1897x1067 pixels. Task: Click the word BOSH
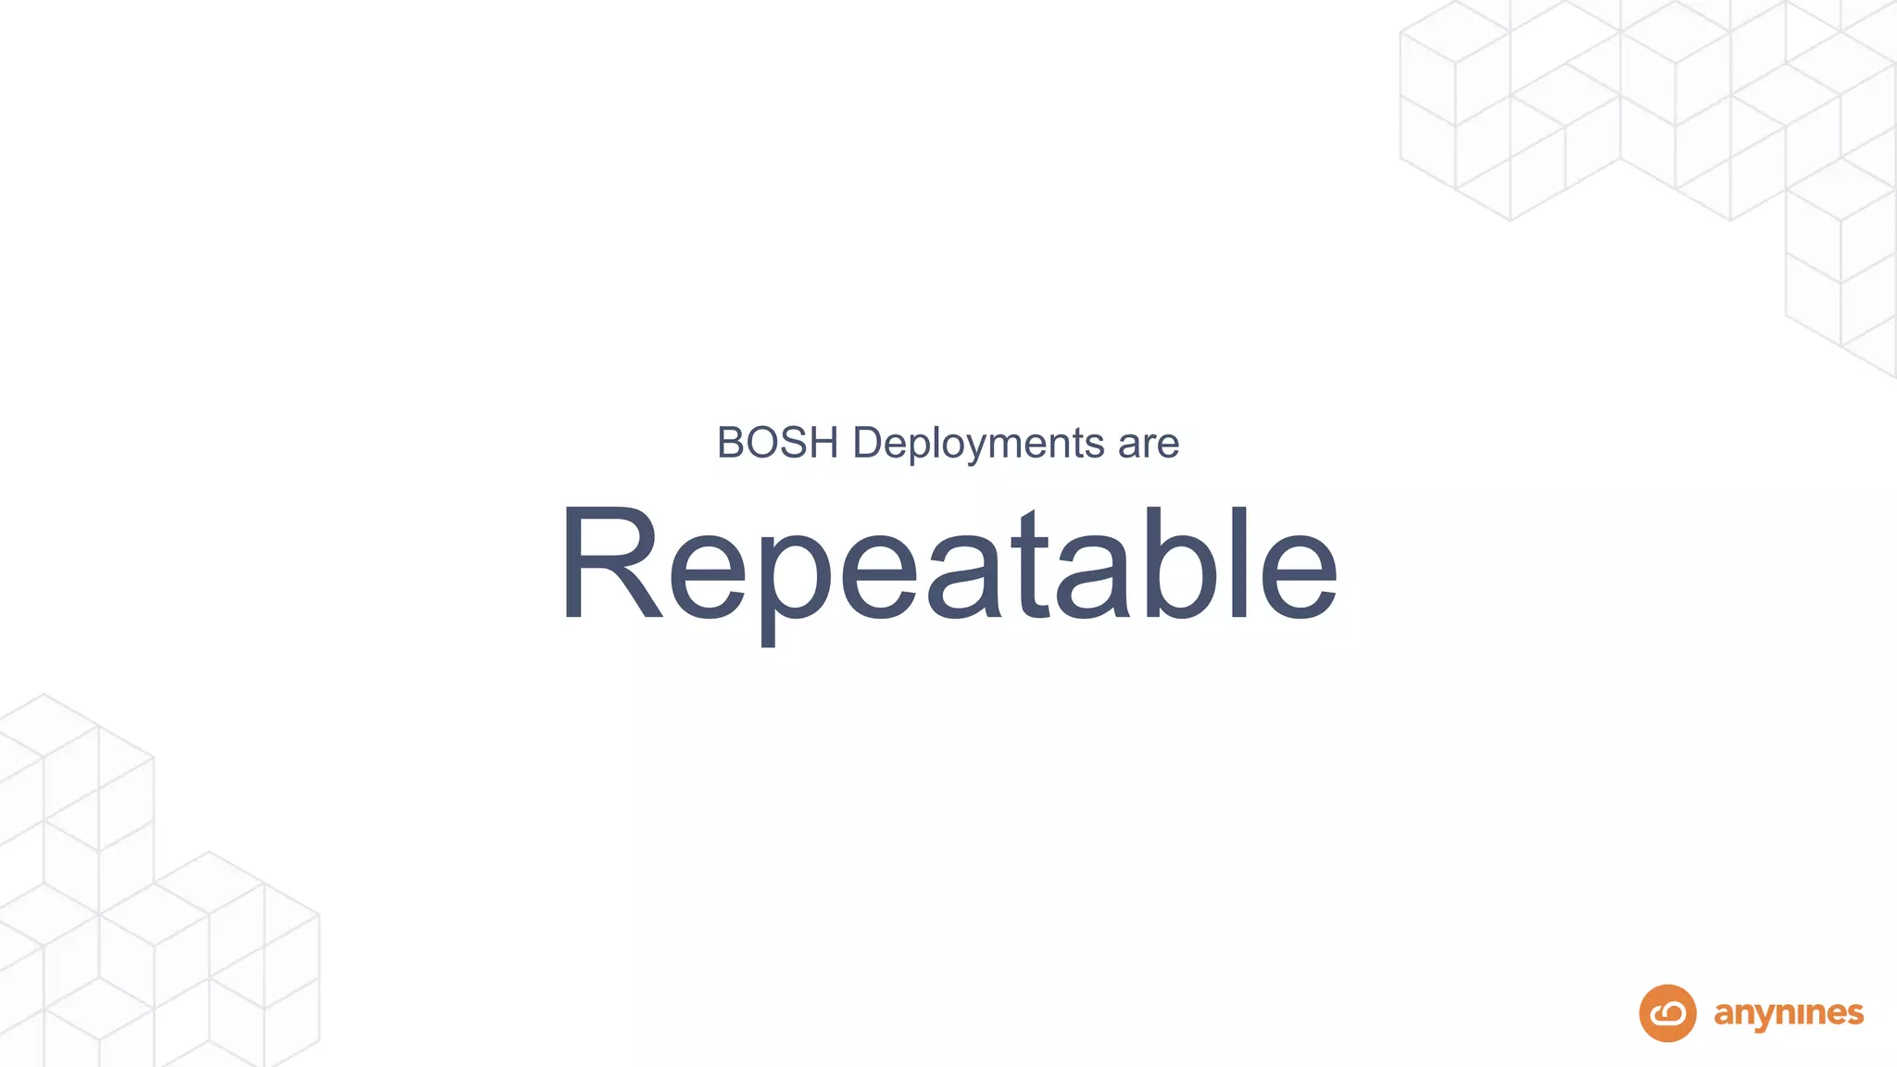point(777,443)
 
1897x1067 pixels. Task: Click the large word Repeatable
point(948,565)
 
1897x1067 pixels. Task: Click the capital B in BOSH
point(733,443)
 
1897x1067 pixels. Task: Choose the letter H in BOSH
point(823,443)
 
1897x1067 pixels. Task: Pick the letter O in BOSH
point(763,443)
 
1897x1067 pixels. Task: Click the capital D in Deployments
point(868,443)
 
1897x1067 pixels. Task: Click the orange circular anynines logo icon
point(1667,1013)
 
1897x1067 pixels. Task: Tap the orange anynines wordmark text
point(1789,1014)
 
